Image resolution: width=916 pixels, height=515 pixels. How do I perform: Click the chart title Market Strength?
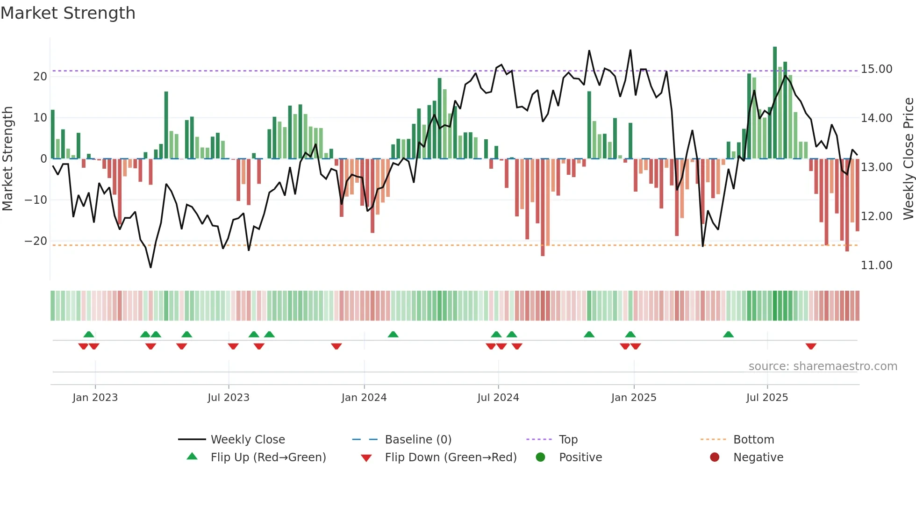point(68,13)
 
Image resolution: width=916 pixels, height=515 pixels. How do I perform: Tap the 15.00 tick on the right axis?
point(876,69)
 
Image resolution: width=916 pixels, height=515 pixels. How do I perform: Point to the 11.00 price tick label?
point(876,265)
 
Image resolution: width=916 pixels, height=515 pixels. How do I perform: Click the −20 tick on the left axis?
point(36,241)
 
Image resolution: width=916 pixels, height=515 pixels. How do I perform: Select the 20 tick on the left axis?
point(40,77)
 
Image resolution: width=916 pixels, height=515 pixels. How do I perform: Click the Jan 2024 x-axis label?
point(364,398)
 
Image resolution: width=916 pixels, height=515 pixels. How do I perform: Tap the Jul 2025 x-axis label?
point(767,398)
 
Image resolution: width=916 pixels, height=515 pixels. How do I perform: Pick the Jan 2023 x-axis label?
point(95,398)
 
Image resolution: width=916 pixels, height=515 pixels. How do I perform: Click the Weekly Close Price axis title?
point(908,159)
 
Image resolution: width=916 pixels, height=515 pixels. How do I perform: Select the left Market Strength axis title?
point(7,159)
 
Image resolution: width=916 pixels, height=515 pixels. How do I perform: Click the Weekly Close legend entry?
point(247,440)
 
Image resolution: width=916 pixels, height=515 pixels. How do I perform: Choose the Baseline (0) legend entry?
point(418,440)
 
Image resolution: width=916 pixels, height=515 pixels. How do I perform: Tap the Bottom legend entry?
point(753,440)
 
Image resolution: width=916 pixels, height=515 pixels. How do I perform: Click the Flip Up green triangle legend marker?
point(192,457)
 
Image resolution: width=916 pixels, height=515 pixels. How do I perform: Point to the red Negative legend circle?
point(715,457)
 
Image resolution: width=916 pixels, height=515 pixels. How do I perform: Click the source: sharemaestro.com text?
point(823,366)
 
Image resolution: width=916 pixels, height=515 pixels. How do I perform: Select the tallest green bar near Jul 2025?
point(775,103)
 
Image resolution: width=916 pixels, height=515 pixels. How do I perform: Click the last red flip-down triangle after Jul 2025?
point(811,346)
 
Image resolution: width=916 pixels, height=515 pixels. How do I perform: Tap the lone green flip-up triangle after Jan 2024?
point(393,334)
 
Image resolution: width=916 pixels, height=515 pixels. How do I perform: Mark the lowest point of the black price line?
point(150,267)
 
